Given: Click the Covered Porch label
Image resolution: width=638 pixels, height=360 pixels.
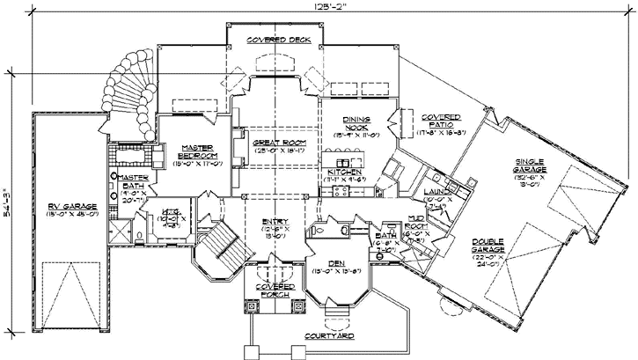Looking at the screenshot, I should [x=275, y=291].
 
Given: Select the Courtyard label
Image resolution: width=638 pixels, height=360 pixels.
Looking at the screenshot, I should [x=330, y=336].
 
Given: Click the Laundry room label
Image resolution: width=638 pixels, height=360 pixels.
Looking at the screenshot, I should [x=436, y=192].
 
